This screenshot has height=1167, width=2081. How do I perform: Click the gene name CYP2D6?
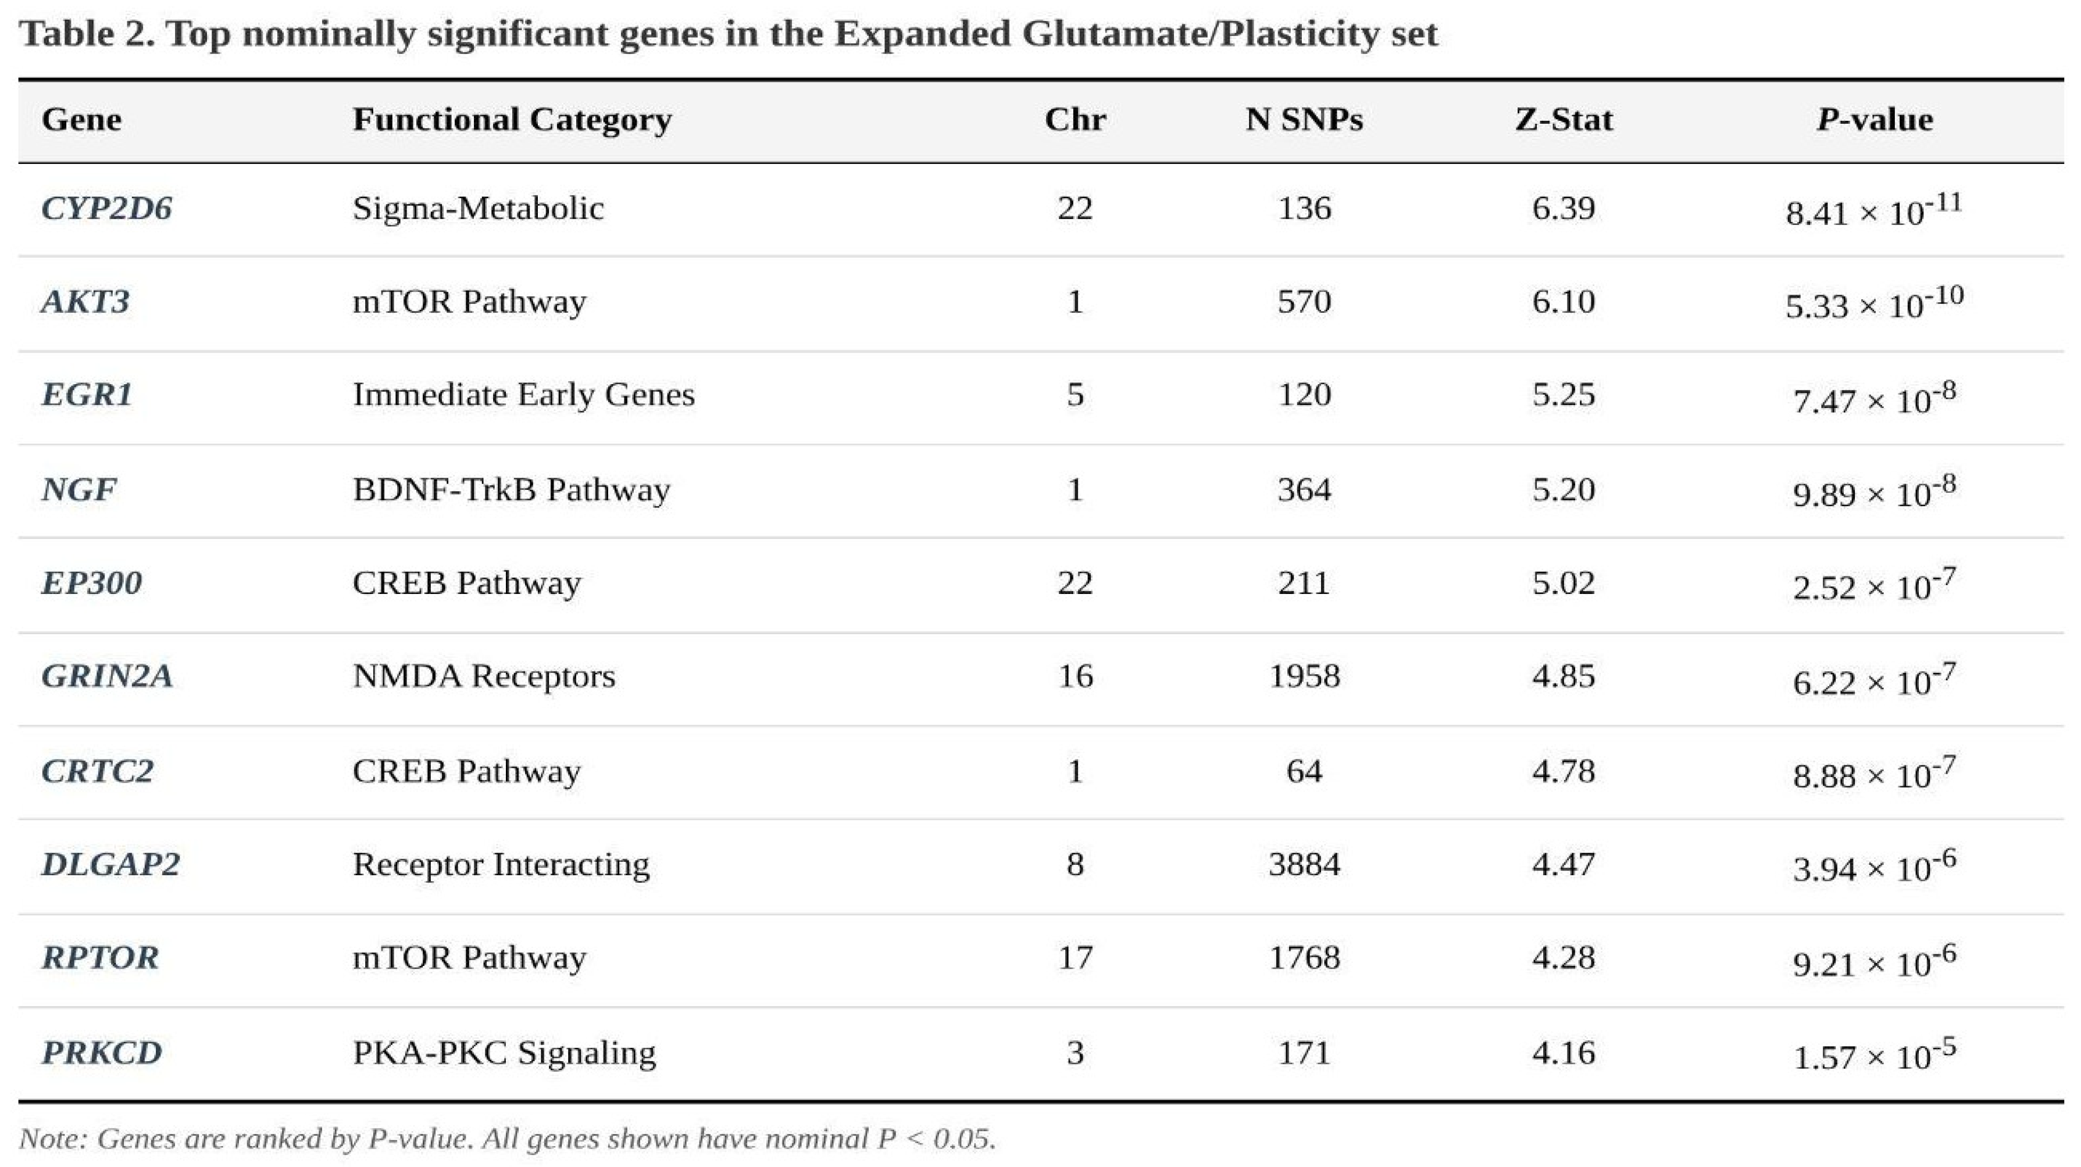click(x=106, y=209)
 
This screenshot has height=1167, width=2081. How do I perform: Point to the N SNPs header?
click(x=1304, y=120)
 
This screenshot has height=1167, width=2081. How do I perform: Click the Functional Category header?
click(x=512, y=120)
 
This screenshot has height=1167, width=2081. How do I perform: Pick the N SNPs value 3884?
click(x=1304, y=864)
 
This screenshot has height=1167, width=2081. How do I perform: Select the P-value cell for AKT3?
click(x=1874, y=302)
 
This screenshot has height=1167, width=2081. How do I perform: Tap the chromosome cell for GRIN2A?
click(x=1075, y=675)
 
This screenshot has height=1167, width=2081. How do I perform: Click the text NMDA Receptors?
click(x=484, y=675)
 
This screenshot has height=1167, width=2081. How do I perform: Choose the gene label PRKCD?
click(x=102, y=1053)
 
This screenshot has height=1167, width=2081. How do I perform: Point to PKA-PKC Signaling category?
click(x=504, y=1053)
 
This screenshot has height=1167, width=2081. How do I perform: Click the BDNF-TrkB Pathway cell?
click(x=511, y=489)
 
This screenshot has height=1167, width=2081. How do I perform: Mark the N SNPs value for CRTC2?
click(x=1304, y=771)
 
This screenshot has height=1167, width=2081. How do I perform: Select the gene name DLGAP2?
click(x=110, y=864)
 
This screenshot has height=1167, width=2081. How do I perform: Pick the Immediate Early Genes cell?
click(x=523, y=395)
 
